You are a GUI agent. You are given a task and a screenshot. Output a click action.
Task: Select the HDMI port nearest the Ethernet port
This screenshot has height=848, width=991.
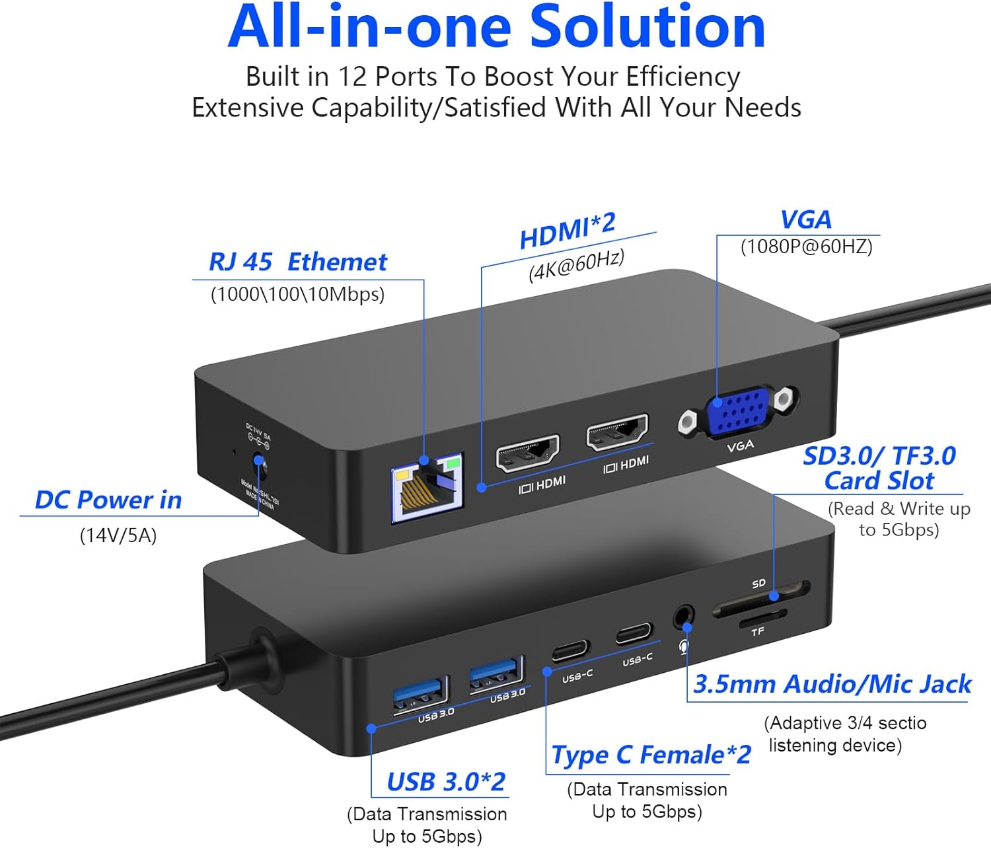coord(528,453)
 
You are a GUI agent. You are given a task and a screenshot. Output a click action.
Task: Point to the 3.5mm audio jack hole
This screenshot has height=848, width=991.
coord(683,617)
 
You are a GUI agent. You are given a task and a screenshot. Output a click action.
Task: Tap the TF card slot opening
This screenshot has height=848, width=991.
coord(763,619)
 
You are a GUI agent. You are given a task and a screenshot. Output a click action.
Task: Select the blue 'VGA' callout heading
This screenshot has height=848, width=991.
coord(805,219)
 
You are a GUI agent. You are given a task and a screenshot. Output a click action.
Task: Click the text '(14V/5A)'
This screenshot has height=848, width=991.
coord(118,535)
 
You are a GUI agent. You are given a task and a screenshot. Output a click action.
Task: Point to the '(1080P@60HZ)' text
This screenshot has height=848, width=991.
coord(806,247)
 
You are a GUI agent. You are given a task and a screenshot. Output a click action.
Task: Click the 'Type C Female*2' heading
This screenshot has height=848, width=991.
coord(651,755)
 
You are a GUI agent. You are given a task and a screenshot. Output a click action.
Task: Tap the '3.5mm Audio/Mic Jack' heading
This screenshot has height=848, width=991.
coord(832,684)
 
